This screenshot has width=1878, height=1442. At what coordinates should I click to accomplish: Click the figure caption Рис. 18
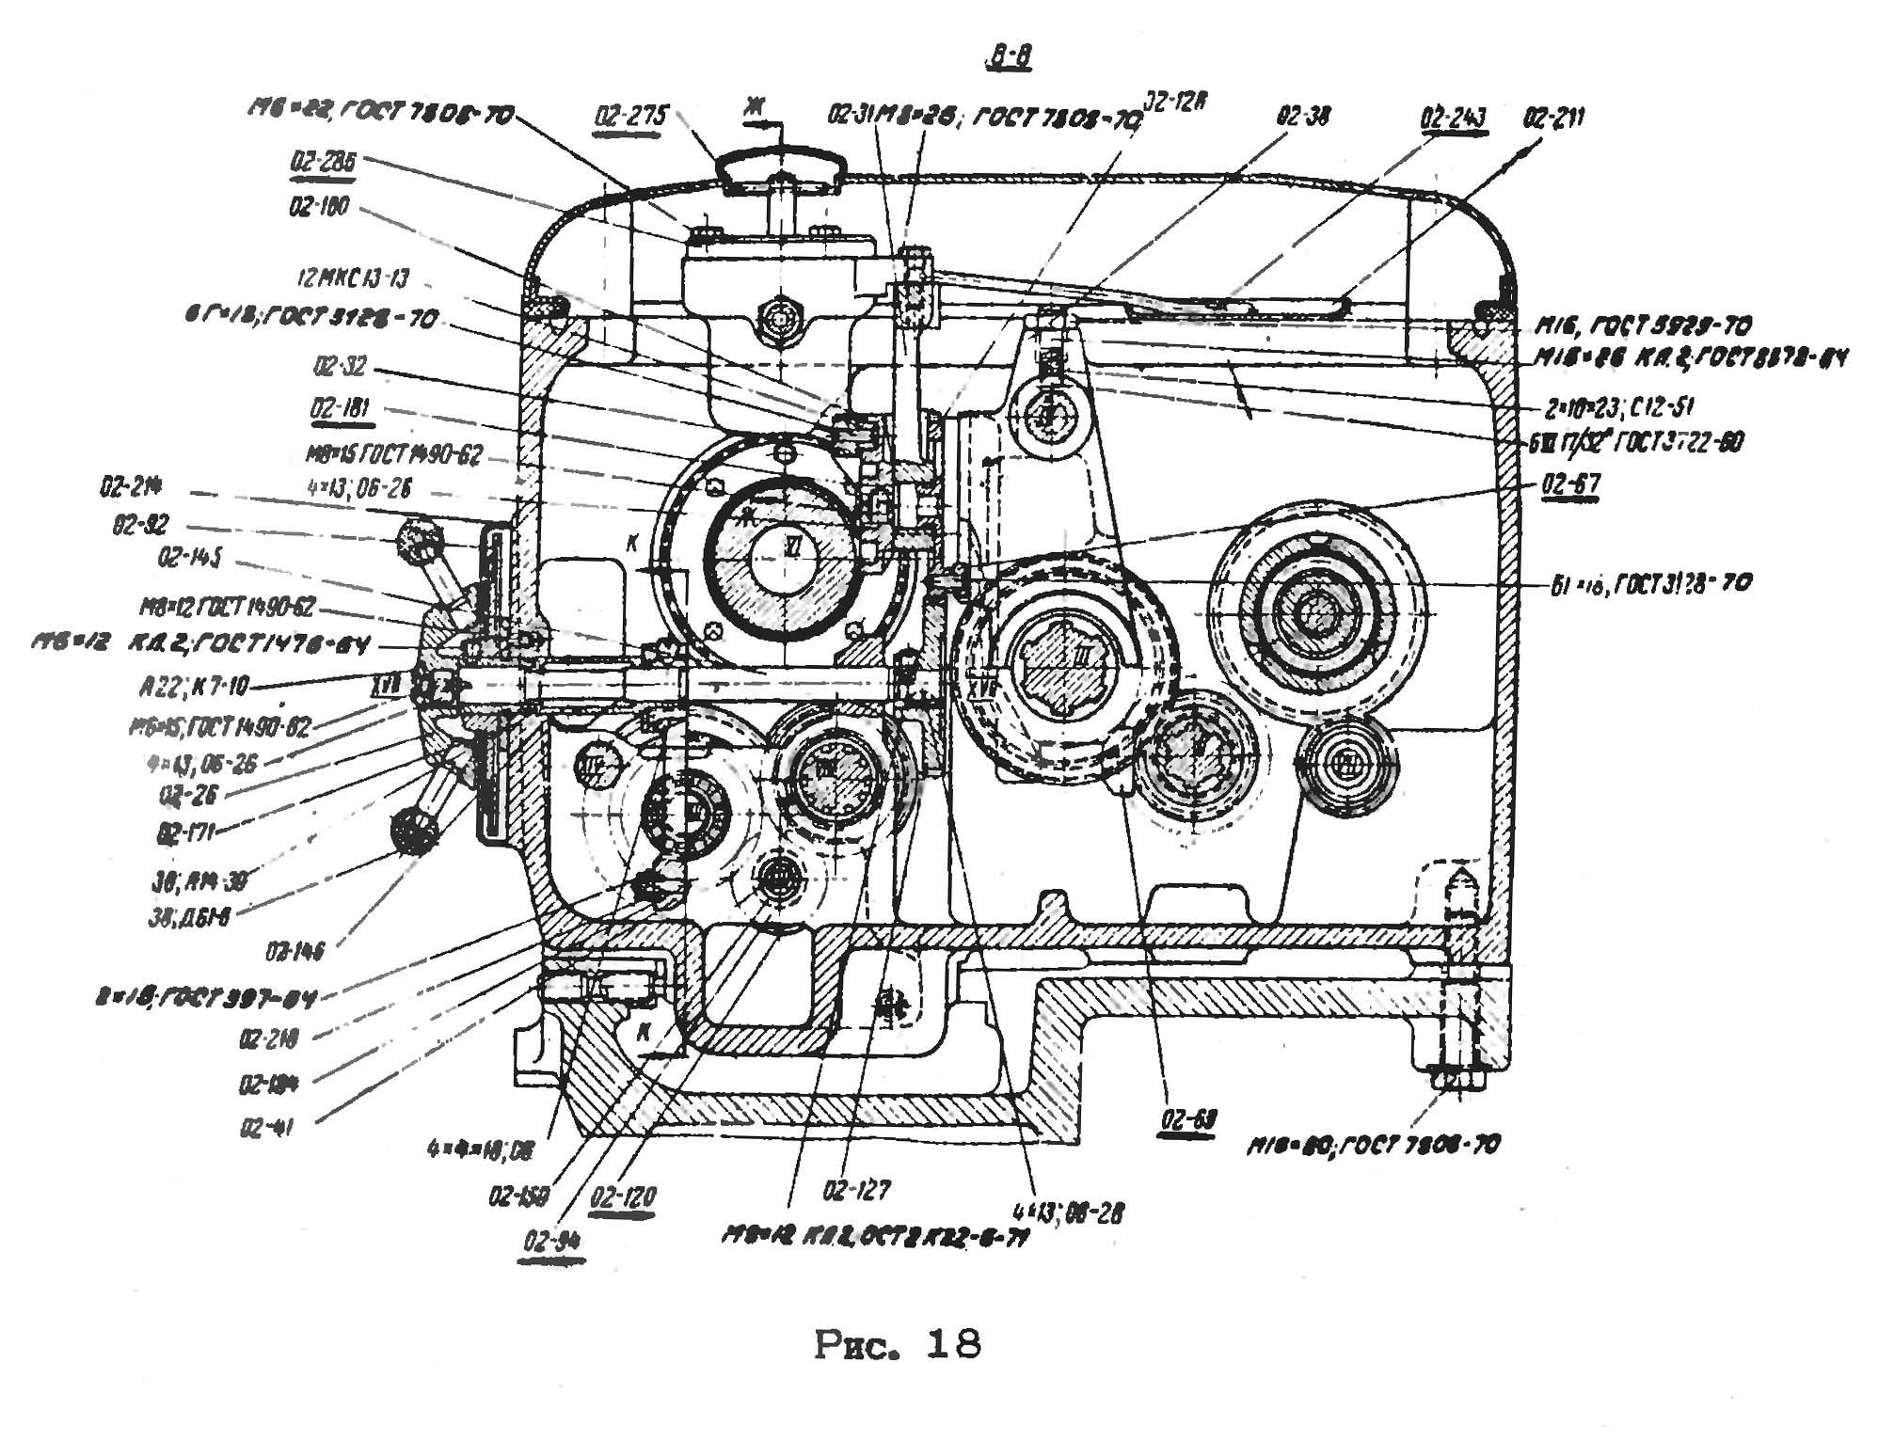897,1344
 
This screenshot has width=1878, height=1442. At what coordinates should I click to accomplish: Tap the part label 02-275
631,117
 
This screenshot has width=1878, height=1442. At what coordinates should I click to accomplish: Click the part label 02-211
1554,119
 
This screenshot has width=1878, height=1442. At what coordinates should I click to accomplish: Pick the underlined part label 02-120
624,1197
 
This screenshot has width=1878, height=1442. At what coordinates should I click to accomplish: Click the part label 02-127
855,1191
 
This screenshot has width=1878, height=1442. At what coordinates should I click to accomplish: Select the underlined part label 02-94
553,1242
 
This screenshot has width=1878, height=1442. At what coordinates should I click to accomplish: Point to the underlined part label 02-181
340,409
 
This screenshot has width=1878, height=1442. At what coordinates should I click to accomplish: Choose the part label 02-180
319,206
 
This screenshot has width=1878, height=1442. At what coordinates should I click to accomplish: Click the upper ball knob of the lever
419,541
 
